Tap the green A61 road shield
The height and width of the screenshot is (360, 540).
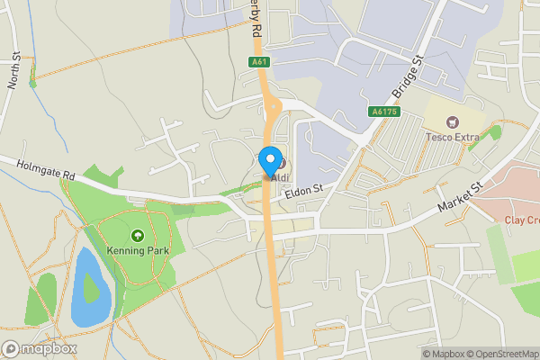click(x=258, y=62)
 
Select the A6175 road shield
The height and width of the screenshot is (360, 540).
click(x=383, y=112)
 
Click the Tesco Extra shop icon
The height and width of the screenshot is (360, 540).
click(x=453, y=121)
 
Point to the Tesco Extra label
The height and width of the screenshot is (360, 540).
click(x=453, y=137)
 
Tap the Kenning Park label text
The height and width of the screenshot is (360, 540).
click(x=138, y=249)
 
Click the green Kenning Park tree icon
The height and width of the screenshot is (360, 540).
click(x=138, y=235)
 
